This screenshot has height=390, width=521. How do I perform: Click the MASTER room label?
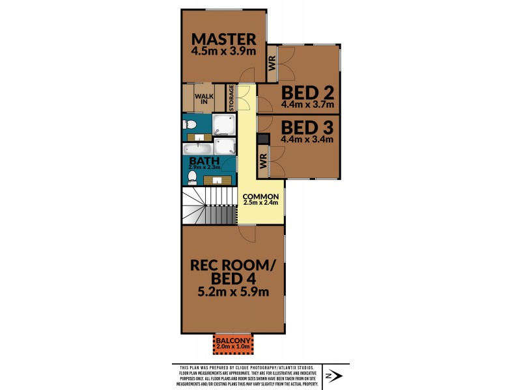(223, 39)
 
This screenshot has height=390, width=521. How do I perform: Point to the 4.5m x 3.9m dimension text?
(223, 51)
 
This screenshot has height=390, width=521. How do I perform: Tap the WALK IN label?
(204, 99)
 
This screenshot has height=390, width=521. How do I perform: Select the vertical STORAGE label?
(231, 98)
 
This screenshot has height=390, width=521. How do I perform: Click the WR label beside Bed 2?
(272, 63)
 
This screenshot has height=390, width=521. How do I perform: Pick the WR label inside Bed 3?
(263, 161)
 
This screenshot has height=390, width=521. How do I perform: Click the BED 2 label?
(307, 93)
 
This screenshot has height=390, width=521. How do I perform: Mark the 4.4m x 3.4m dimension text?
(307, 139)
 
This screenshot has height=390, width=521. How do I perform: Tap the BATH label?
(199, 161)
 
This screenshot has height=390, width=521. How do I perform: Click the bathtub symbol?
(197, 149)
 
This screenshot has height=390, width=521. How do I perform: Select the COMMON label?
(261, 196)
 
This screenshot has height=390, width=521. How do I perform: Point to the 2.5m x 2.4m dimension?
(261, 202)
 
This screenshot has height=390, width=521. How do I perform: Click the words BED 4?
(233, 279)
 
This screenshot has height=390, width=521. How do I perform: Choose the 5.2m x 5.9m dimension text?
(233, 292)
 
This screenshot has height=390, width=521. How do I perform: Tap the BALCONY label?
(233, 341)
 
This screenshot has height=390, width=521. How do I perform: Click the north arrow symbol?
(333, 376)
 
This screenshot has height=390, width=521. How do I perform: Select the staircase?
(209, 205)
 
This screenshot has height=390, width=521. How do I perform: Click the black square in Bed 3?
(263, 139)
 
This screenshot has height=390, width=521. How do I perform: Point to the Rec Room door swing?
(247, 234)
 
